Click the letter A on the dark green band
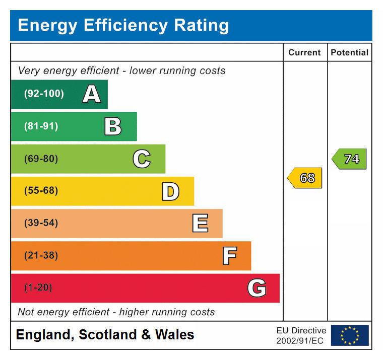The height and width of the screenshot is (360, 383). tap(91, 94)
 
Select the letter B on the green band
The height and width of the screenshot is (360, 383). tap(113, 126)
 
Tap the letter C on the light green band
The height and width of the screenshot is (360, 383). tap(142, 159)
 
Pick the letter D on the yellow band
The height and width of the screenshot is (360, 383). tap(170, 191)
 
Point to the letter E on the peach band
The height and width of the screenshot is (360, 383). tap(200, 223)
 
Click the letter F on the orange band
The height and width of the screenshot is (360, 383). tap(229, 256)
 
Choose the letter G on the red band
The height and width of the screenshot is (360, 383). tap(257, 288)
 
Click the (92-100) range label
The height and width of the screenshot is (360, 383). tap(44, 94)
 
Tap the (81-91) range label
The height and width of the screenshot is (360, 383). tap(41, 126)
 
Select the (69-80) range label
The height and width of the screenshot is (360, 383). tap(41, 159)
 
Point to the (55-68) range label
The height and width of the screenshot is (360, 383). tap(41, 191)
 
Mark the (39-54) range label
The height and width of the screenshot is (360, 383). tap(41, 223)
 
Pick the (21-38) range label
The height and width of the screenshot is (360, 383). tap(41, 256)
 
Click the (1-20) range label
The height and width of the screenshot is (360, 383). tap(38, 288)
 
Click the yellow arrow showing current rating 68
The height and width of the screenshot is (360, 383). tap(305, 178)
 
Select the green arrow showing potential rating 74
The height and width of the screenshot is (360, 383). tap(350, 159)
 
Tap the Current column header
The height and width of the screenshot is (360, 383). tap(304, 52)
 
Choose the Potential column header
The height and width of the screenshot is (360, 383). tap(349, 52)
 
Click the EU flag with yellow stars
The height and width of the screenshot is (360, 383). tap(349, 335)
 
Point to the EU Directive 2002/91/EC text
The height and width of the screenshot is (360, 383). tap(301, 335)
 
